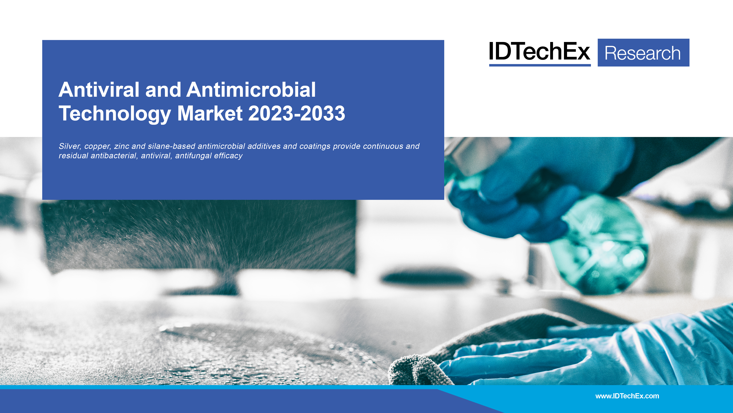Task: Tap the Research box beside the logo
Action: (643, 53)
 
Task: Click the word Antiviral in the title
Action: (99, 90)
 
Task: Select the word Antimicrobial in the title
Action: (251, 90)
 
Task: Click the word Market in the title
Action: (210, 113)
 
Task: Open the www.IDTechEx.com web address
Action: (627, 396)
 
